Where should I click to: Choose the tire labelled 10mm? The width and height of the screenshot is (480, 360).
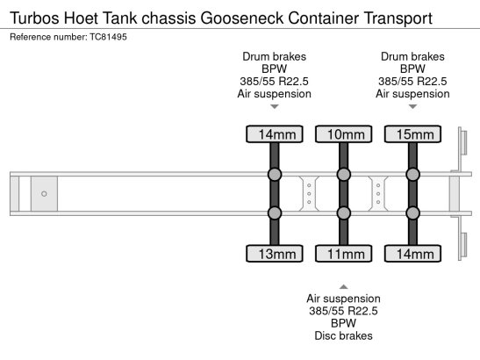(x=343, y=134)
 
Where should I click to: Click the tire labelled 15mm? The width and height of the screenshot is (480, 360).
(x=412, y=134)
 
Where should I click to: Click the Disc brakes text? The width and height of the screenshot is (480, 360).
(x=343, y=335)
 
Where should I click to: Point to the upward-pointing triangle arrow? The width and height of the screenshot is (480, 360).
(x=343, y=286)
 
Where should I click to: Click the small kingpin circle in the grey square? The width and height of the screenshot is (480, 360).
(x=44, y=193)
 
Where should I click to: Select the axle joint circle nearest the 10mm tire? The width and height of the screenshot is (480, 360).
(x=343, y=175)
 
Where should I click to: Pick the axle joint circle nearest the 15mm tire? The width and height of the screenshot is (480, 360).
(x=412, y=175)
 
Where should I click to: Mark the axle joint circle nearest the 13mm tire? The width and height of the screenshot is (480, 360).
(x=275, y=212)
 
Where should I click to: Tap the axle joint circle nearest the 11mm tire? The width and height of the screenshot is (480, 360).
(x=343, y=212)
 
